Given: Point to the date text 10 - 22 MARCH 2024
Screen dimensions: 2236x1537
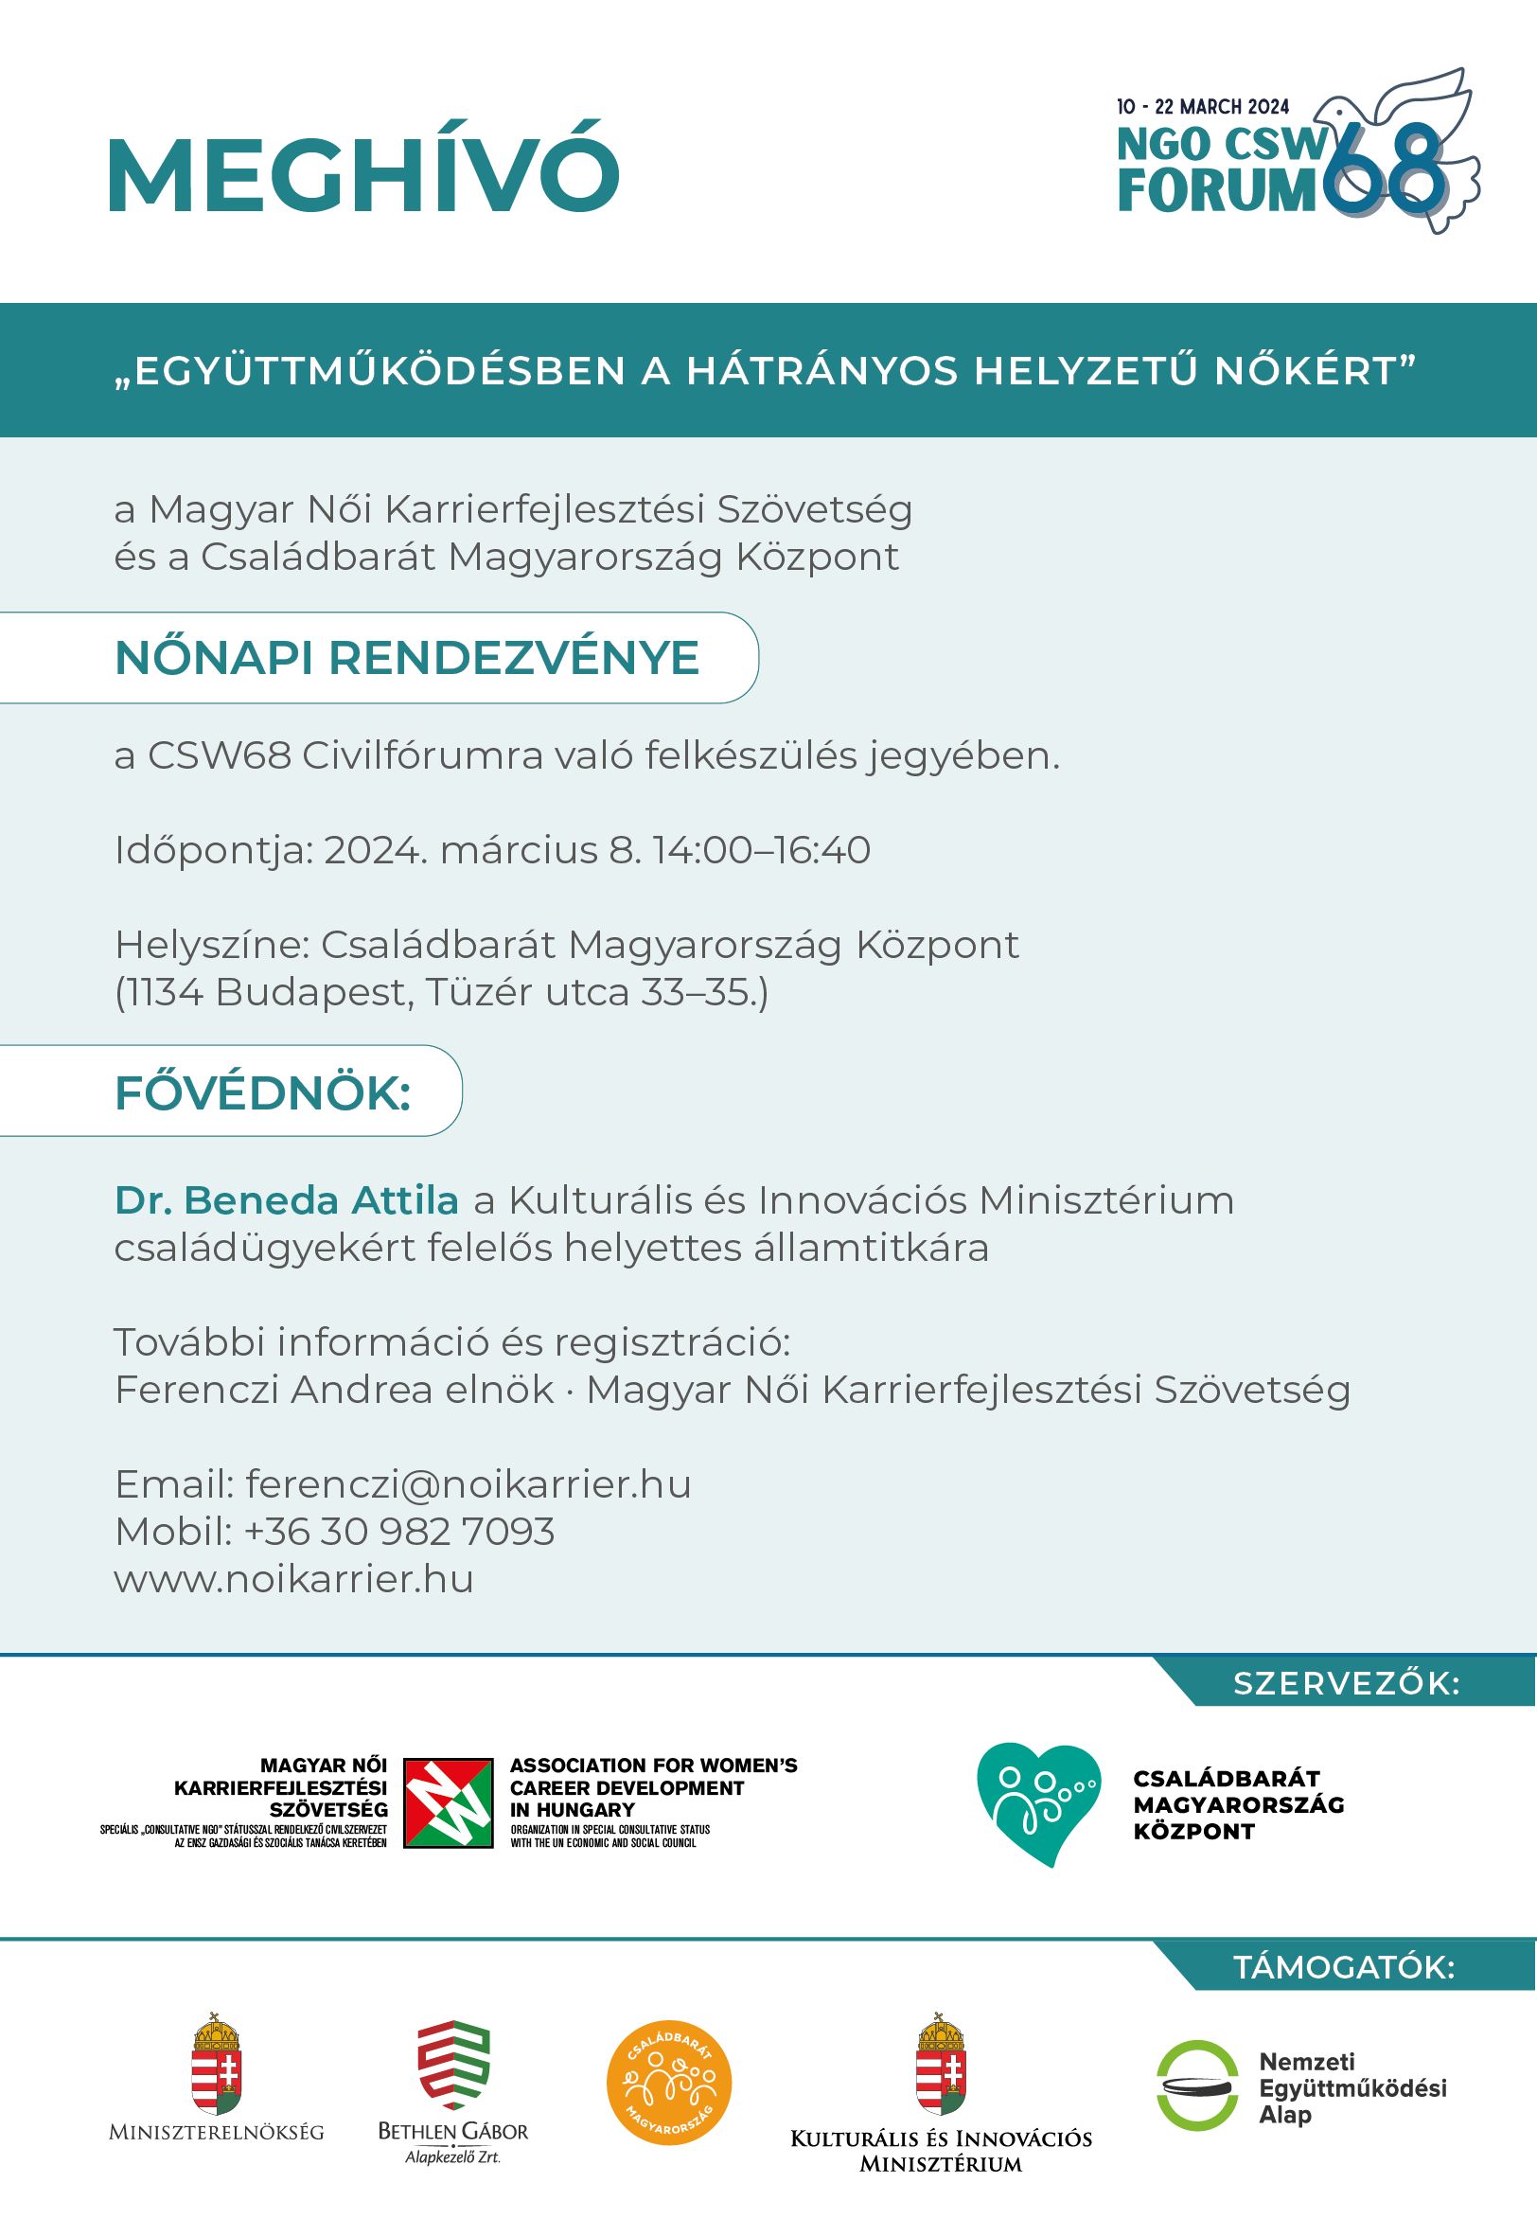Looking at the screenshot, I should coord(1202,107).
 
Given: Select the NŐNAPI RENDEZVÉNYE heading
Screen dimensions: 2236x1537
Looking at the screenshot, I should coord(406,658).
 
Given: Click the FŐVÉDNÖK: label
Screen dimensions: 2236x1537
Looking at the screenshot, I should coord(263,1093).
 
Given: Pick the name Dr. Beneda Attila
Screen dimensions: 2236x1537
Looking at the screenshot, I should coord(286,1200).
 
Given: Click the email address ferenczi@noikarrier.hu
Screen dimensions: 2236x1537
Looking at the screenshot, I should coord(468,1484).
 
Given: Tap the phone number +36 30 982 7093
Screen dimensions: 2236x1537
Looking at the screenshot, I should coord(398,1531).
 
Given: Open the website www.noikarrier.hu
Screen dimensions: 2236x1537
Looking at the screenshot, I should coord(293,1578).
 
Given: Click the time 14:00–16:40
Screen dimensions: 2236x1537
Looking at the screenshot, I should coord(761,850).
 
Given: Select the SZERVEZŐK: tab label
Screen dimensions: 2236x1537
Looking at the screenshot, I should coord(1346,1683).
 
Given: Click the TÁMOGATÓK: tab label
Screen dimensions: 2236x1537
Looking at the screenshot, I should coord(1343,1966).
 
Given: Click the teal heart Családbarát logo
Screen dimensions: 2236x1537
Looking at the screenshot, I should coord(1038,1802).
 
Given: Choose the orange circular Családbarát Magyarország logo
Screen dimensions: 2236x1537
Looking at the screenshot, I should coord(669,2083).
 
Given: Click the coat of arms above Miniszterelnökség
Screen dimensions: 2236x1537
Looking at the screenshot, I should coord(217,2064).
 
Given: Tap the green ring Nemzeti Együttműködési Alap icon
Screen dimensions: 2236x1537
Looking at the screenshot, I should coord(1197,2085).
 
